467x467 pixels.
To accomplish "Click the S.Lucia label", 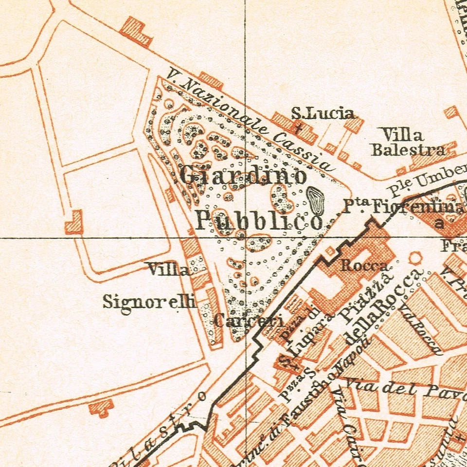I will (x=323, y=113).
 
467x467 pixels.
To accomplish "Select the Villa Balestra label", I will (x=408, y=142).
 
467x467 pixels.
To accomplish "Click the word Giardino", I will (x=243, y=176).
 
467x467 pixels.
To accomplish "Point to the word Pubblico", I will (x=259, y=220).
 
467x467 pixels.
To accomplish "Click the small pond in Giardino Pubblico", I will (x=316, y=200).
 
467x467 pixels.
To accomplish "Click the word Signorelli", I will (x=149, y=302).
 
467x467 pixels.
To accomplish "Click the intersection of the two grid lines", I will (x=245, y=238).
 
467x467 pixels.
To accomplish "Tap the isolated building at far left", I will (x=74, y=223).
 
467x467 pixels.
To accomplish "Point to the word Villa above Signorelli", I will (x=168, y=269).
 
